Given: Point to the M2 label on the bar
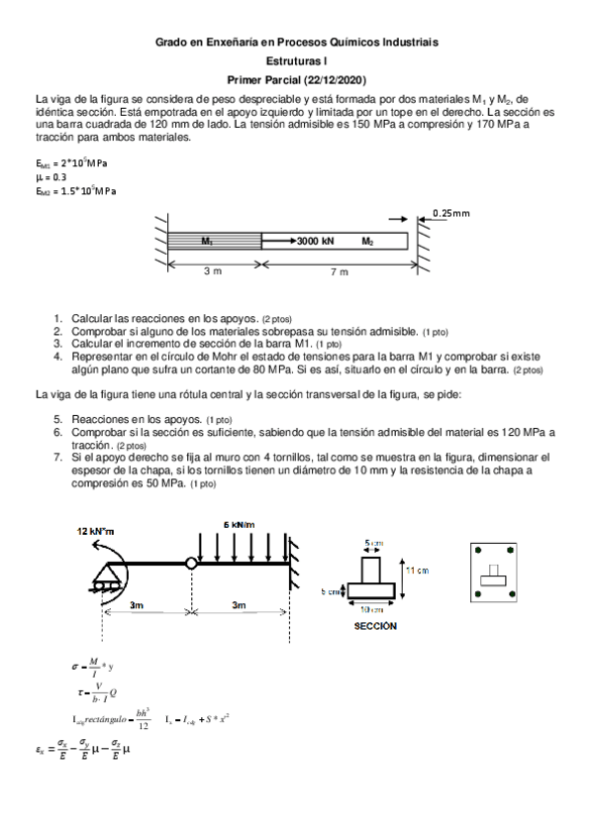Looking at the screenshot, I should point(367,241).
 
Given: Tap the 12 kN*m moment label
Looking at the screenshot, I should point(95,531).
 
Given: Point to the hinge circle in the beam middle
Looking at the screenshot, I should point(189,564).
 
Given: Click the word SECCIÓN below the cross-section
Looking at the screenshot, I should point(375,626).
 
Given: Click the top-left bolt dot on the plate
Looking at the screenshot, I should point(477,550).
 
